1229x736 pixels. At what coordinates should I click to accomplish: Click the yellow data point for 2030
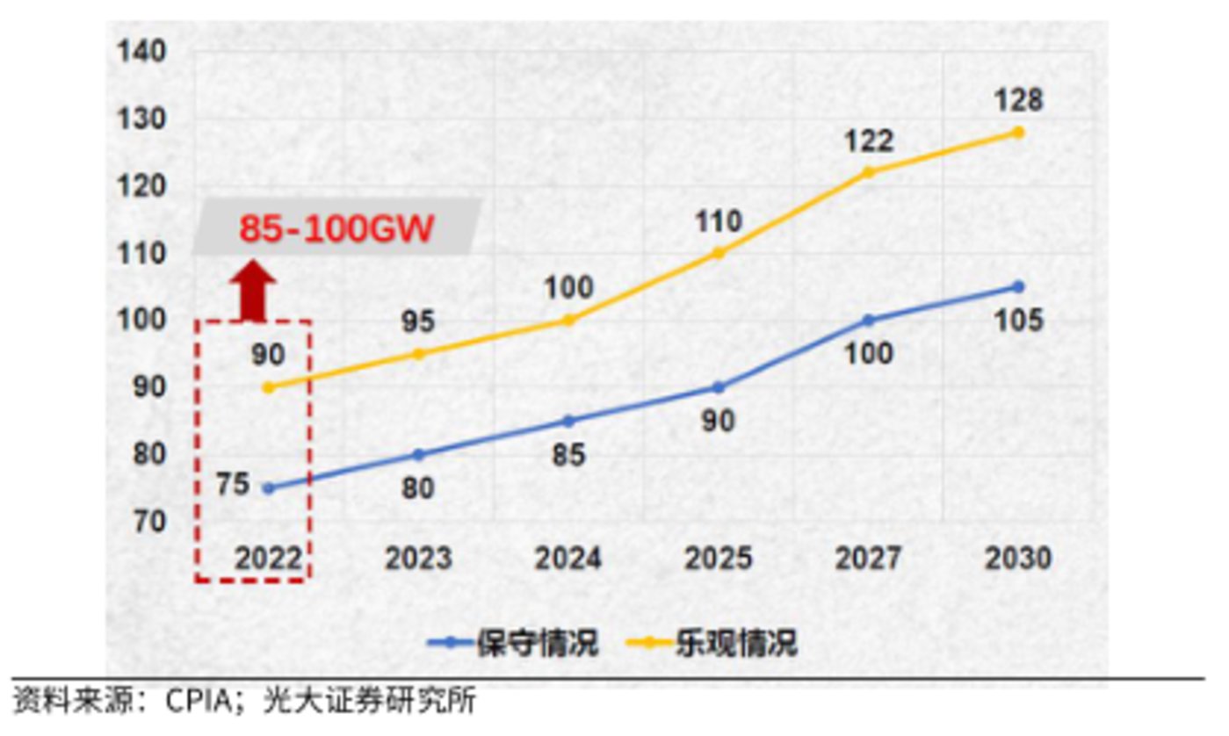click(1018, 133)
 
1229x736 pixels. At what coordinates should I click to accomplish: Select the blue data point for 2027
click(869, 321)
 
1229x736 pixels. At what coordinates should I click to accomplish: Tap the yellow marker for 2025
click(719, 253)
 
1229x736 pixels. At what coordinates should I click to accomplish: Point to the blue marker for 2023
click(418, 454)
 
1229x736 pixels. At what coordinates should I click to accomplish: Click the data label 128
click(1018, 99)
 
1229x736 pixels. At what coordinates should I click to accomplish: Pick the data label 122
click(869, 141)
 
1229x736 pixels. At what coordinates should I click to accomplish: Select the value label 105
click(1018, 321)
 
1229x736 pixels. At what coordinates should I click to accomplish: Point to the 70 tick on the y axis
click(148, 521)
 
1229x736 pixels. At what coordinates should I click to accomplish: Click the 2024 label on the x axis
click(568, 559)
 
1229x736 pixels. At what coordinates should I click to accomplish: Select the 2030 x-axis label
click(1018, 559)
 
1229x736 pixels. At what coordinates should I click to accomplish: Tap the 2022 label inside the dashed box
click(268, 559)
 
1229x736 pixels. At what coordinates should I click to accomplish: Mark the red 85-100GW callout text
click(337, 229)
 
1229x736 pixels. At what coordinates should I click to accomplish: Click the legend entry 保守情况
click(537, 643)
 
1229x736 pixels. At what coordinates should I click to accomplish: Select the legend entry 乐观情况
click(736, 643)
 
